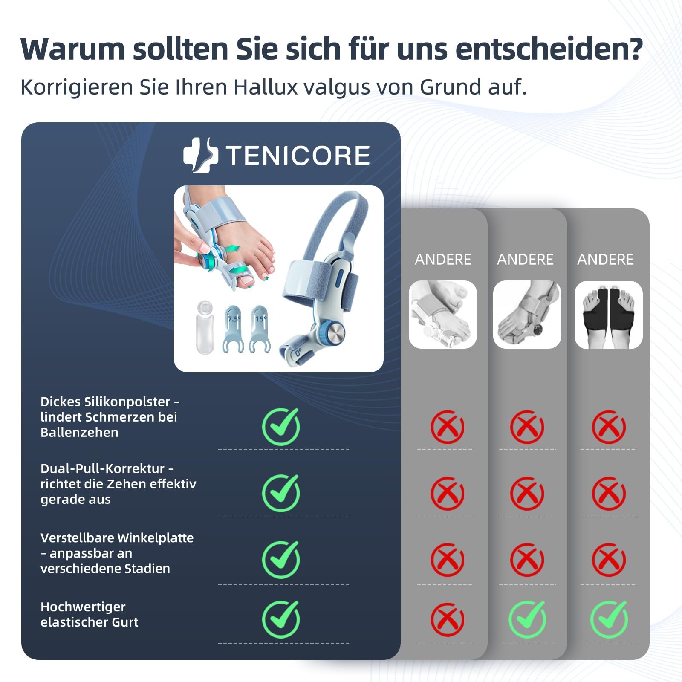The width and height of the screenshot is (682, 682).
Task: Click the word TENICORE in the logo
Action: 298,156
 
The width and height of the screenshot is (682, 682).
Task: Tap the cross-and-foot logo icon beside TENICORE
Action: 200,156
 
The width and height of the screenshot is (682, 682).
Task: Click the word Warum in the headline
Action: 73,49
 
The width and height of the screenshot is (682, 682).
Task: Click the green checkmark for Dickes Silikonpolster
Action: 281,427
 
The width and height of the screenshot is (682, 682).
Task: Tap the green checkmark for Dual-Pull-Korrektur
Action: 281,493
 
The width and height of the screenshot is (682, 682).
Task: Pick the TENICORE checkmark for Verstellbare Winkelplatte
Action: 281,560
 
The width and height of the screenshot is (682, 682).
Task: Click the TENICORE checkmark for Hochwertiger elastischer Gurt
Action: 281,619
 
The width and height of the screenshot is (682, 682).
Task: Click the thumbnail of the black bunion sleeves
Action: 609,315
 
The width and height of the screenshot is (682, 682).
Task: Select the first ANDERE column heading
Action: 443,260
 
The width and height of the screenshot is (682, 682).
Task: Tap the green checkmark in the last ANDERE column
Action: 609,619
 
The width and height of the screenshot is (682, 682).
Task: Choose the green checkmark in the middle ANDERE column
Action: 527,619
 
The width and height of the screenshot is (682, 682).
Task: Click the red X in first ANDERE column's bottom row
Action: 447,619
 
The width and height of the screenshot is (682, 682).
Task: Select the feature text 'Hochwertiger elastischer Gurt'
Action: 90,614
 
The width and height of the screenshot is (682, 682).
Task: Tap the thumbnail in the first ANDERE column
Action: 443,315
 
